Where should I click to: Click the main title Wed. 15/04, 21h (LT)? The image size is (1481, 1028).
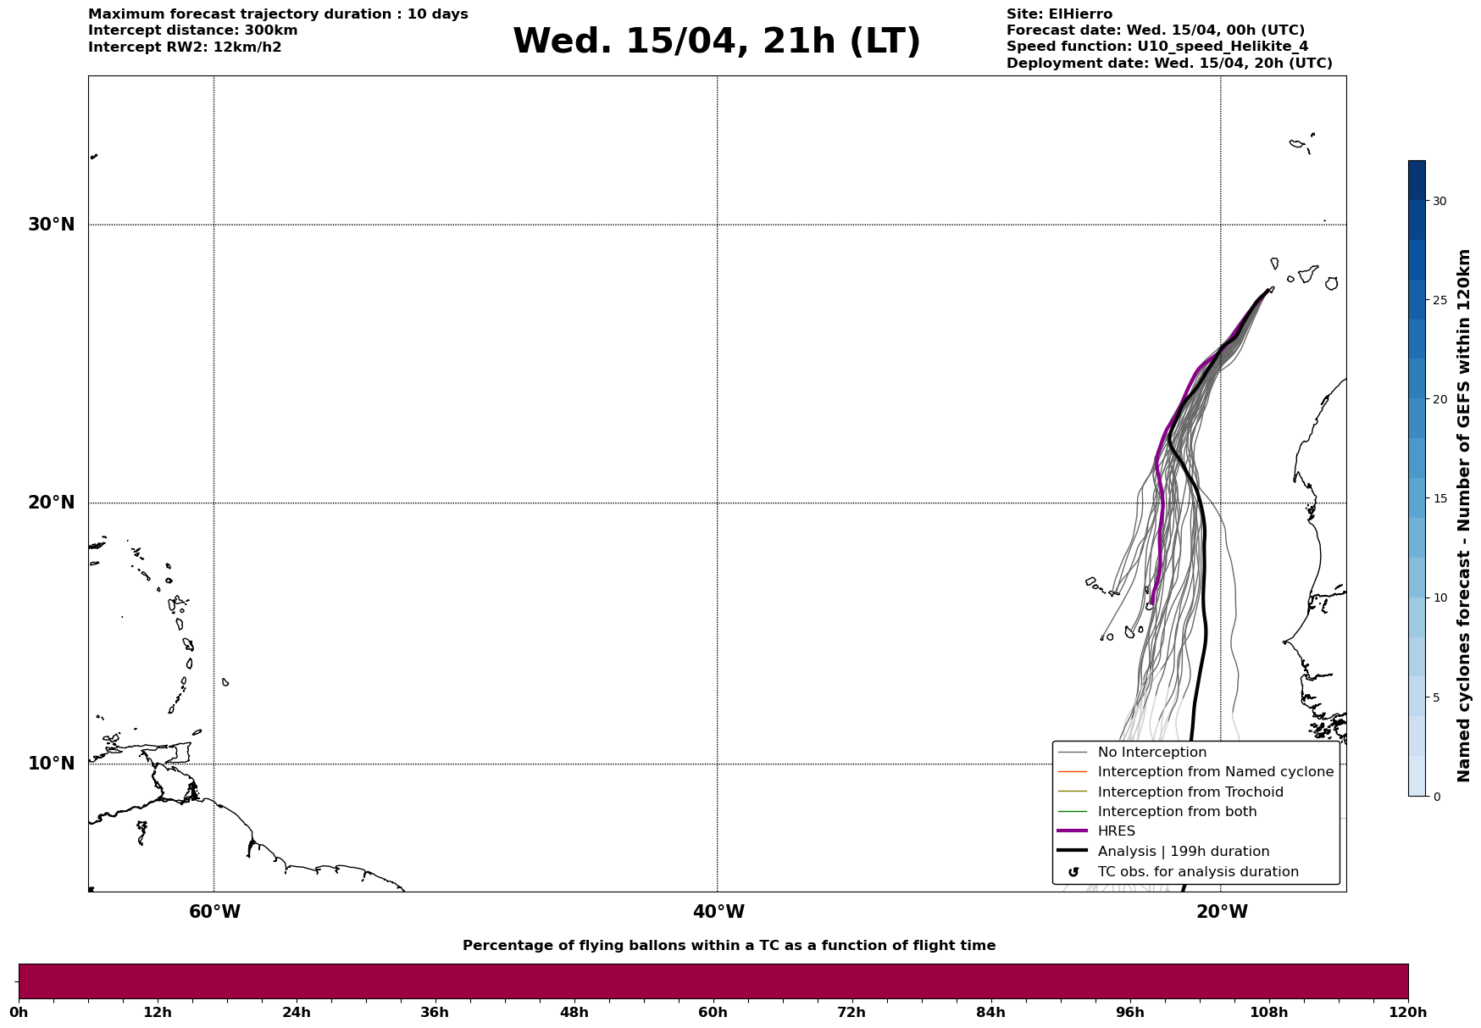716,42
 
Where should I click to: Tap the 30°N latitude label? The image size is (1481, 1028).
52,225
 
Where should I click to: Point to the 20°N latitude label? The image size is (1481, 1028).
52,503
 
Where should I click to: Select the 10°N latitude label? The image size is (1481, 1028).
52,764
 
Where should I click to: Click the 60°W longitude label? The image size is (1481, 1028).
214,912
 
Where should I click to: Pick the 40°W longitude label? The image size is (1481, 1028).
718,912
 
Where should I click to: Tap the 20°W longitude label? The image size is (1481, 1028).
1222,912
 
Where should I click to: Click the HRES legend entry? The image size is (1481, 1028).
1116,831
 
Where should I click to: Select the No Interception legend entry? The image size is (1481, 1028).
1151,753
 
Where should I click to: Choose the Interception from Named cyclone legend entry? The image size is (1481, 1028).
1215,772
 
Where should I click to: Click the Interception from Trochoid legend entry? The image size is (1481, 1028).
1190,792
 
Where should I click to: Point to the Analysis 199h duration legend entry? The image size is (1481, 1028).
1183,852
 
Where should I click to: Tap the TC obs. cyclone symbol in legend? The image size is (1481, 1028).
1073,872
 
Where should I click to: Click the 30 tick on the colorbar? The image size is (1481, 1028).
1439,201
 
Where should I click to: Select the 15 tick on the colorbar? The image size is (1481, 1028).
1439,498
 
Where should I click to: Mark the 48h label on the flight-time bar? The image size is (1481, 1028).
574,1013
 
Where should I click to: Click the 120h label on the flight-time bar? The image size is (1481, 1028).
1408,1013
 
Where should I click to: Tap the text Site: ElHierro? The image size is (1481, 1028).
1059,14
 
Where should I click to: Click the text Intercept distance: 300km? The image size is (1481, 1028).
193,31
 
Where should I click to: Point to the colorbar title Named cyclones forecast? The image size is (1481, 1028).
1463,515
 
